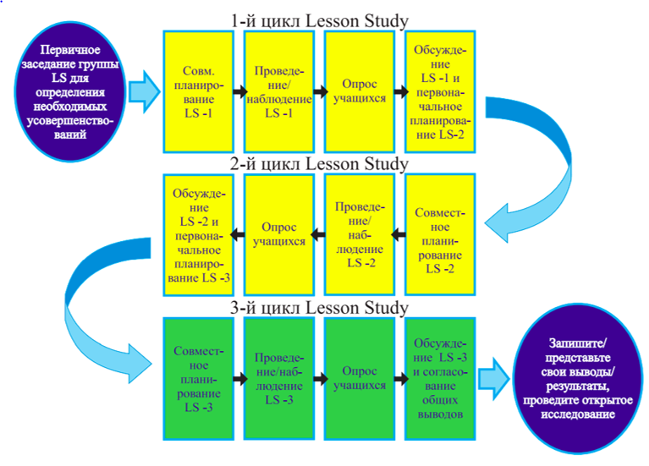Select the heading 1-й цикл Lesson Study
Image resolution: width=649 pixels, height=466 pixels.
click(x=319, y=19)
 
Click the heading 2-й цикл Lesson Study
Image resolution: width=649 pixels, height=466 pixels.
click(x=319, y=163)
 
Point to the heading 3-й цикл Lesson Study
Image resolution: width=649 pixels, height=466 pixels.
click(x=319, y=307)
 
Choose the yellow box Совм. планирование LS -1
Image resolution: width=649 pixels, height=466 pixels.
click(x=198, y=90)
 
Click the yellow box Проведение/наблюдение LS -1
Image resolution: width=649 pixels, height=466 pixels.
click(x=278, y=90)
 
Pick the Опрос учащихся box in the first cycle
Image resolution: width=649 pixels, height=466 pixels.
click(x=359, y=90)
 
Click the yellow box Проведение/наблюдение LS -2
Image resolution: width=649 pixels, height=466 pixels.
click(x=359, y=234)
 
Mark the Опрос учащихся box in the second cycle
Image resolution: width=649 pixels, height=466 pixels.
click(x=278, y=234)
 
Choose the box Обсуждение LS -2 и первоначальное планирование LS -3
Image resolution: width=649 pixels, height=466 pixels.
click(x=198, y=234)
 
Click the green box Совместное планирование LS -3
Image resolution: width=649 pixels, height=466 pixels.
click(x=198, y=377)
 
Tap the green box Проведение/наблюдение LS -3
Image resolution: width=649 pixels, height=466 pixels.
click(x=278, y=377)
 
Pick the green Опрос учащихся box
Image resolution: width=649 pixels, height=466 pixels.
click(x=359, y=377)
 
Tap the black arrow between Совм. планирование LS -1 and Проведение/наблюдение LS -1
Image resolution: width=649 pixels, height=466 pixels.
click(x=239, y=90)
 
